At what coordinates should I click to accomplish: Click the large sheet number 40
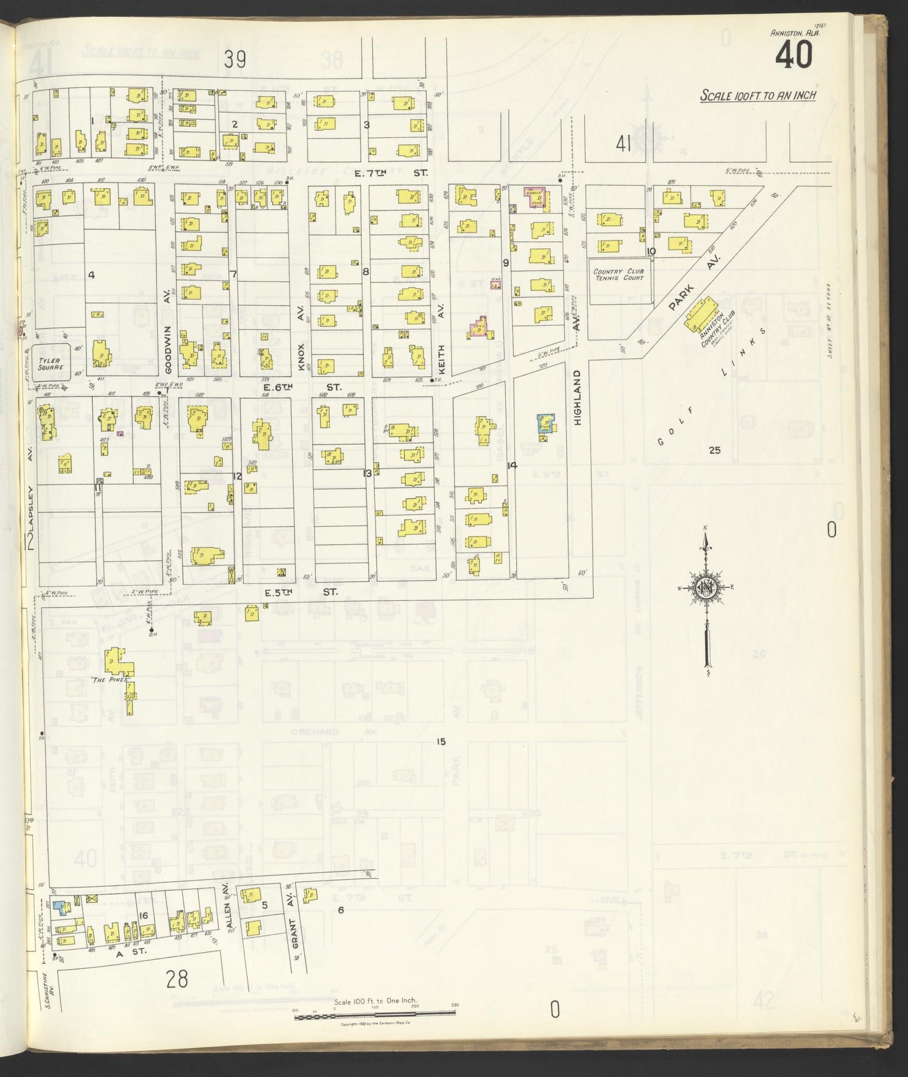793,56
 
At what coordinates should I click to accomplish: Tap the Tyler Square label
52,363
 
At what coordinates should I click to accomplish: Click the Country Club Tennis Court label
618,274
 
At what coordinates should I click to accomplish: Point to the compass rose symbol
706,587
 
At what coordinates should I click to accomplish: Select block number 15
440,742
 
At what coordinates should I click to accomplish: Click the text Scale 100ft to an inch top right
758,95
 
